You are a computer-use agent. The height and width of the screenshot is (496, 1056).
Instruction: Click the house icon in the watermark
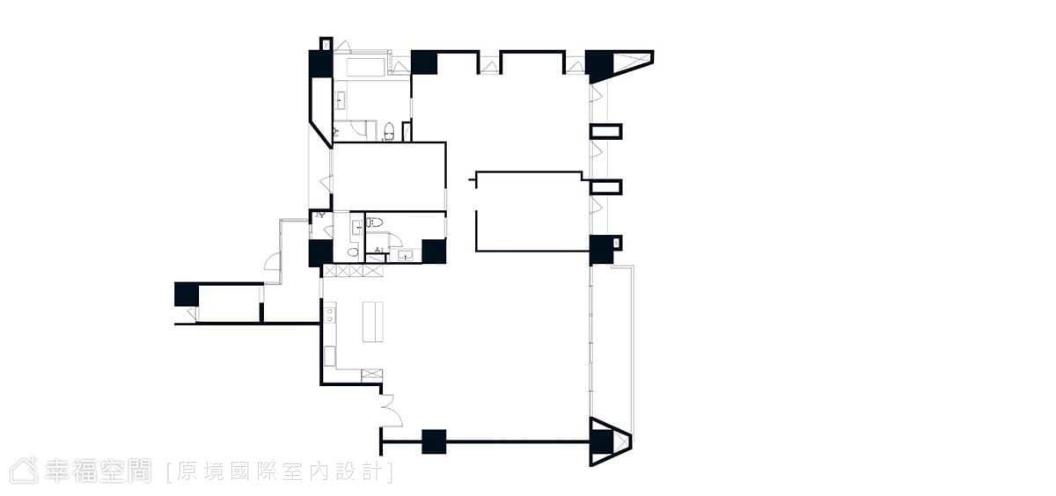[24, 470]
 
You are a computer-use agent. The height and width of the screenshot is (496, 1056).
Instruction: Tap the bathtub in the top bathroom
[366, 67]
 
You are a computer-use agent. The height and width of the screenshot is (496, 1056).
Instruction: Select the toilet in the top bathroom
[389, 131]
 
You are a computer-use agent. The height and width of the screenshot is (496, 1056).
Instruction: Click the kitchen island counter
[372, 322]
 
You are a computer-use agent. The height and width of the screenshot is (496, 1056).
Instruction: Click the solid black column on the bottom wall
[434, 441]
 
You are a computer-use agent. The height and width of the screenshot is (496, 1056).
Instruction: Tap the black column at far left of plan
[187, 295]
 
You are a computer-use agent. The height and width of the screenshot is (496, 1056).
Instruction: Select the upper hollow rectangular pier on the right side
[605, 131]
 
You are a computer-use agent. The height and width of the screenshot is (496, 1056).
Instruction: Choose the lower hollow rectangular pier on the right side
[605, 187]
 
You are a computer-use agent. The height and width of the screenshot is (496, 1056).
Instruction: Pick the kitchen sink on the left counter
[330, 313]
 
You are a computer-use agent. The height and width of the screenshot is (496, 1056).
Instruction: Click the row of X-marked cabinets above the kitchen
[353, 271]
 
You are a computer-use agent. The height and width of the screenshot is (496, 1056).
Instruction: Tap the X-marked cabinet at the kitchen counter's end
[371, 376]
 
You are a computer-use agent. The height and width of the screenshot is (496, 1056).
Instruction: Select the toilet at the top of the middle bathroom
[374, 222]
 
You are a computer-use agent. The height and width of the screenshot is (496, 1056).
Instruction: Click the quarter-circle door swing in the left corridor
[273, 262]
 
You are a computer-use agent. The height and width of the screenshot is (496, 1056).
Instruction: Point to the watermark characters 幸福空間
[98, 470]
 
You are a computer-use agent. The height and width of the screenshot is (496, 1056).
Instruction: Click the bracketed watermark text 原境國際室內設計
[280, 472]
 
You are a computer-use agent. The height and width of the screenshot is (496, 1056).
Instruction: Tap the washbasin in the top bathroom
[341, 100]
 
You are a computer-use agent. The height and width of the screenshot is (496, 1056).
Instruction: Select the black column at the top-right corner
[600, 66]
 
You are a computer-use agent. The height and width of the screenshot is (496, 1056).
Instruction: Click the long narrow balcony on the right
[612, 341]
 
